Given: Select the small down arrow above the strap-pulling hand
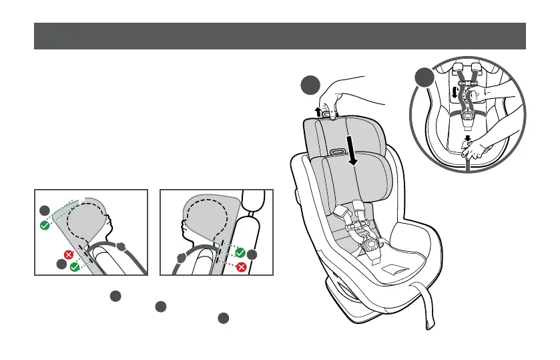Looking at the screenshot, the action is [469, 139].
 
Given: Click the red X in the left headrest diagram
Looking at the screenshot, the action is [67, 254].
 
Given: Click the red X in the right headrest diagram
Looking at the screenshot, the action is [241, 266].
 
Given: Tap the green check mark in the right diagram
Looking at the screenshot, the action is [238, 252].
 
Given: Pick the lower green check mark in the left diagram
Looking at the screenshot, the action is [75, 266].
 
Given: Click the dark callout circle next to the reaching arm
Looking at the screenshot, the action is [308, 85].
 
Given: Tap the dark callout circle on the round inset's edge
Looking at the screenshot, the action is [422, 77].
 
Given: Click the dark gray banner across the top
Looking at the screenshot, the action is [280, 36].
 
